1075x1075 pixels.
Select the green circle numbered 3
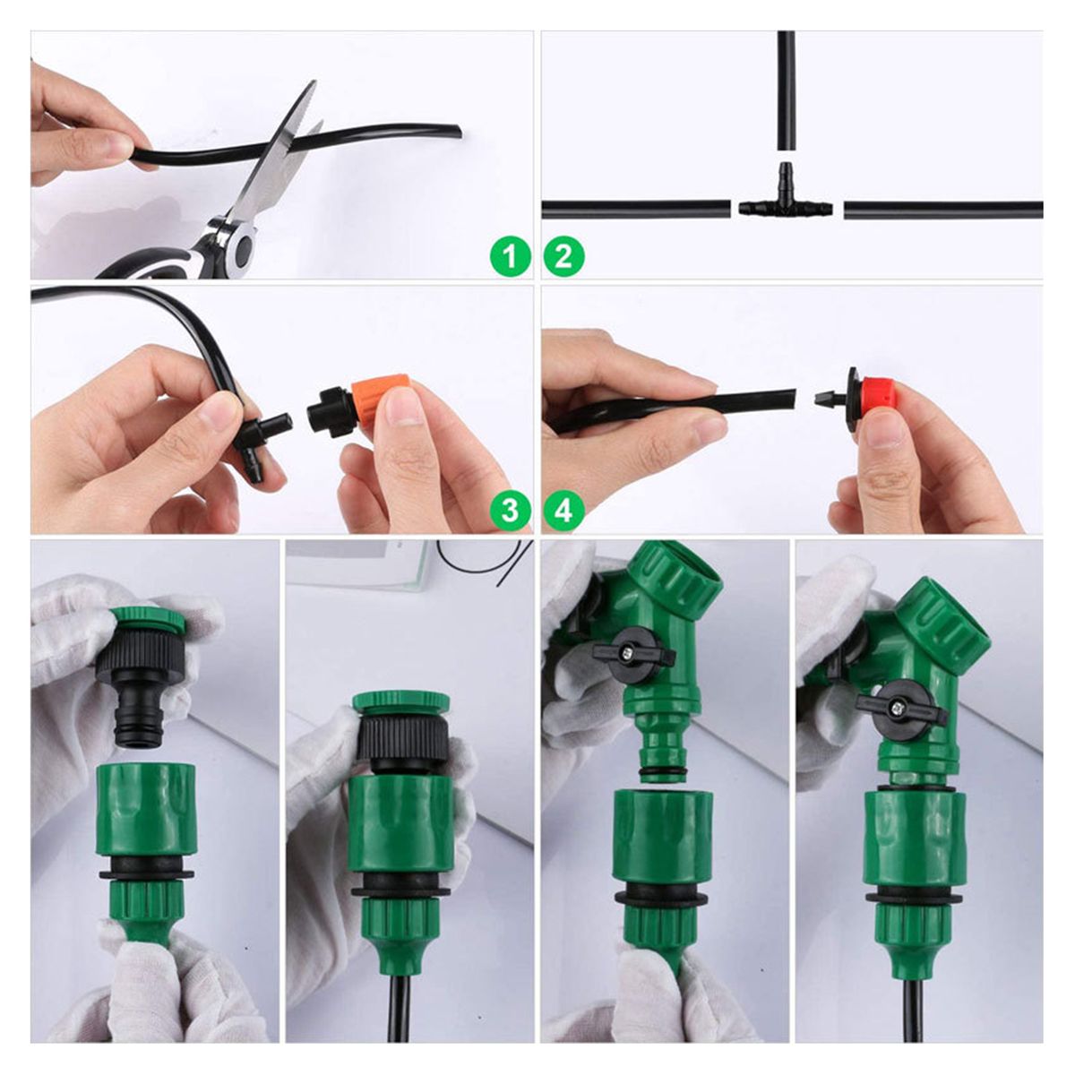point(510,511)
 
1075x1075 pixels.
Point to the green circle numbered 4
point(564,511)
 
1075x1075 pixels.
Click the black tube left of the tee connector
point(636,210)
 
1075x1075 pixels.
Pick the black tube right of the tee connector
point(943,210)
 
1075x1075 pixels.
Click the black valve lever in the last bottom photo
point(901,708)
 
